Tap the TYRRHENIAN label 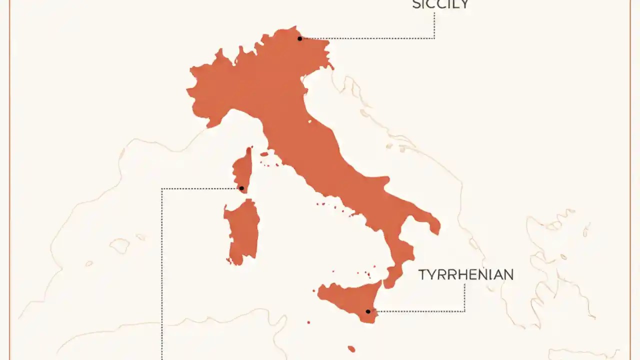[465, 275]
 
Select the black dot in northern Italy [299, 38]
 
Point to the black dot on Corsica [241, 188]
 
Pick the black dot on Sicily [368, 311]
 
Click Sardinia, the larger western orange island [242, 230]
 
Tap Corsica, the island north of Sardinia [243, 167]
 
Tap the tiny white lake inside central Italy [310, 121]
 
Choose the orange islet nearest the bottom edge [351, 349]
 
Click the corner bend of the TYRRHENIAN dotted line [464, 311]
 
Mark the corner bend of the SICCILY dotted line [434, 38]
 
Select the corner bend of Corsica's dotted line [162, 188]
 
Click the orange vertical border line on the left [9, 180]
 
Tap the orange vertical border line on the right [630, 180]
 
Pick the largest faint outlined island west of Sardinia [119, 245]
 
